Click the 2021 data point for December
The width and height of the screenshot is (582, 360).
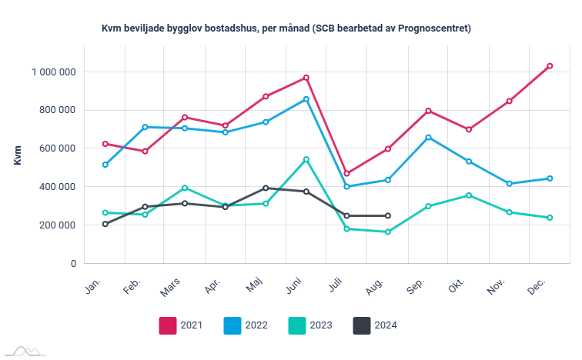click(x=550, y=66)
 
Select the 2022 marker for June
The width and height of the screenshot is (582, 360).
click(x=306, y=99)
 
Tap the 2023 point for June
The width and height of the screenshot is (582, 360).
click(x=306, y=159)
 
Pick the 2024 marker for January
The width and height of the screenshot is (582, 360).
click(x=105, y=224)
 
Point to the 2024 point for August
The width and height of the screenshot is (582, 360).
click(x=387, y=215)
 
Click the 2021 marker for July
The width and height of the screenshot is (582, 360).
click(x=347, y=173)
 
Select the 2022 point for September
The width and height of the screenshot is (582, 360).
click(x=428, y=137)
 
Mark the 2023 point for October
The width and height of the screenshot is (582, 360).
click(x=469, y=195)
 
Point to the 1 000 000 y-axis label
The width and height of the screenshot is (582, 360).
click(x=53, y=72)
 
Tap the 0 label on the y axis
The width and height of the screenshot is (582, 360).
click(x=73, y=263)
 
